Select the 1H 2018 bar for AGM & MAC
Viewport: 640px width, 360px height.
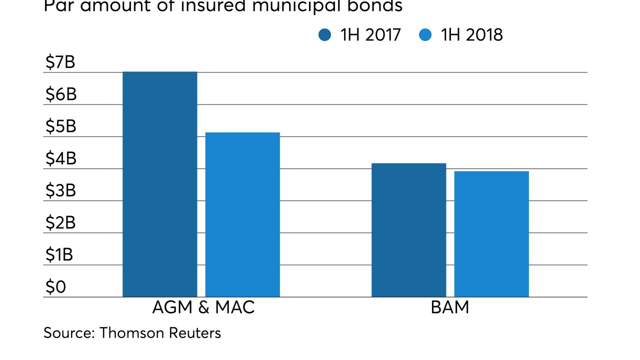[242, 214]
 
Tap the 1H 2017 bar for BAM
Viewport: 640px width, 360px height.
[408, 230]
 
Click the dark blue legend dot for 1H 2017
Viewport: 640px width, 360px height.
[324, 35]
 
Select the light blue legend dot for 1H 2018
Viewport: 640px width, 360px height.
[425, 35]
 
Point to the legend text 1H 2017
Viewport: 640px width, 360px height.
[370, 35]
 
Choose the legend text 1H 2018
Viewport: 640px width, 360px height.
[471, 35]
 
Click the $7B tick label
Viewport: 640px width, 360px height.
[60, 62]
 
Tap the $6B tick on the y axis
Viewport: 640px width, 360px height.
[60, 94]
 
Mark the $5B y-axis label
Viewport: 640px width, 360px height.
[60, 126]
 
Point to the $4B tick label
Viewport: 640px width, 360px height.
[60, 158]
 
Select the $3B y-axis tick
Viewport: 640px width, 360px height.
[60, 190]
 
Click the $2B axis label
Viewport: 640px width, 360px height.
[60, 222]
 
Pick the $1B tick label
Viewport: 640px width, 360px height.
[59, 254]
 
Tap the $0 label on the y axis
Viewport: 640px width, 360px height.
[55, 287]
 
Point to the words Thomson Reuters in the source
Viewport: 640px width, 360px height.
[160, 333]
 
